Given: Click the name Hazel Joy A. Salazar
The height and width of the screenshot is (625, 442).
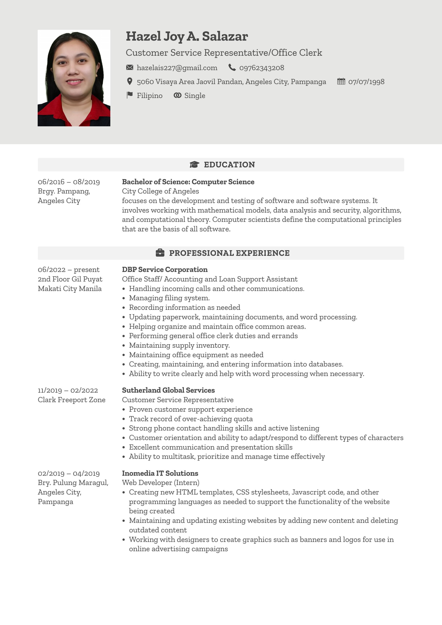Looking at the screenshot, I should click(187, 36).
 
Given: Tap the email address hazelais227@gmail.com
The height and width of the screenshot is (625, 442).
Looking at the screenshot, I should click(177, 68).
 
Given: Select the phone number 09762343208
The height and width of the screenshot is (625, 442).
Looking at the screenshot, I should click(261, 68).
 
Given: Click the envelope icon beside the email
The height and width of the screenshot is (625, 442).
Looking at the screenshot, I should click(130, 67).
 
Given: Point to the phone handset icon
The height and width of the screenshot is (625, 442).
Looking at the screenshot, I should click(232, 67).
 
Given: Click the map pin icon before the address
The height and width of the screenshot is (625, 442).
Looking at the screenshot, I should click(130, 81).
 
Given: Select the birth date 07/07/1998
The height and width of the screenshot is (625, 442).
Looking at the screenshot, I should click(366, 82).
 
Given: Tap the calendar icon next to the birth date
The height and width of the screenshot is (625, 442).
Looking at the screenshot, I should click(341, 81).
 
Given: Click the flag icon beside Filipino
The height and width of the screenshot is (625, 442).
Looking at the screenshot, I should click(130, 95).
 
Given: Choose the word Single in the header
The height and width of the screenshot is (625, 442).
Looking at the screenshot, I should click(194, 96).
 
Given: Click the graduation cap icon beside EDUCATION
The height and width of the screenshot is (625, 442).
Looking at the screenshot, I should click(194, 164).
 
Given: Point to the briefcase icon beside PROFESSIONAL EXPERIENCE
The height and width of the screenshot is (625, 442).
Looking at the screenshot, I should click(160, 253).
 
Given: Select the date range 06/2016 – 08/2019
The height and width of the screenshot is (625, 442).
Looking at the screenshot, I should click(69, 182).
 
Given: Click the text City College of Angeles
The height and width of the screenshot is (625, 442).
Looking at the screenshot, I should click(160, 191).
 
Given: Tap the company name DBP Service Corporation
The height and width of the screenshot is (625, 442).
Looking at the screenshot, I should click(165, 269).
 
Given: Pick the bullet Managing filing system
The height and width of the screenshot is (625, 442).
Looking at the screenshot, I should click(169, 298).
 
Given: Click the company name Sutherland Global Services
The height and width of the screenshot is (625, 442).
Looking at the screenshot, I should click(168, 390).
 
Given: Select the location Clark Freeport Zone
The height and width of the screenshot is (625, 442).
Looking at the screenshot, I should click(71, 400).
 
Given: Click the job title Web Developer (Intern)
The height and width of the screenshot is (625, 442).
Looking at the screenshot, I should click(160, 482).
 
